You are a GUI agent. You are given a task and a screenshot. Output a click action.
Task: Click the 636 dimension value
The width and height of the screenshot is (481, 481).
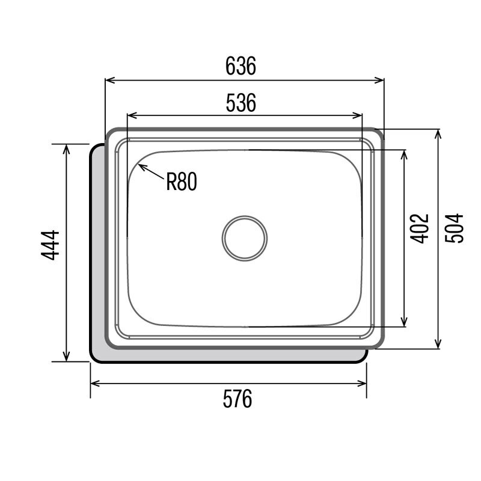(x=240, y=66)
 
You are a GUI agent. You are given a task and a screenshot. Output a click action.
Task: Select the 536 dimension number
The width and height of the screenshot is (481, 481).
(x=241, y=103)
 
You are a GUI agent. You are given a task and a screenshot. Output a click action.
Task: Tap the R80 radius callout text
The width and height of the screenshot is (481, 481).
(x=182, y=181)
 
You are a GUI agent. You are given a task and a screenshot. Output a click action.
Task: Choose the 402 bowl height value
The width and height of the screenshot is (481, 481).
(x=421, y=228)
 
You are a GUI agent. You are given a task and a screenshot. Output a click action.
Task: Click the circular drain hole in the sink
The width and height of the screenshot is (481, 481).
(x=244, y=237)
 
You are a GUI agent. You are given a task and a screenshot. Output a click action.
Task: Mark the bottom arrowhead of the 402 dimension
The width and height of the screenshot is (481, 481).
(x=404, y=322)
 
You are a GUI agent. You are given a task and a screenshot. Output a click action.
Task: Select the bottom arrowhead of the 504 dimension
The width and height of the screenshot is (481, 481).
(x=438, y=345)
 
